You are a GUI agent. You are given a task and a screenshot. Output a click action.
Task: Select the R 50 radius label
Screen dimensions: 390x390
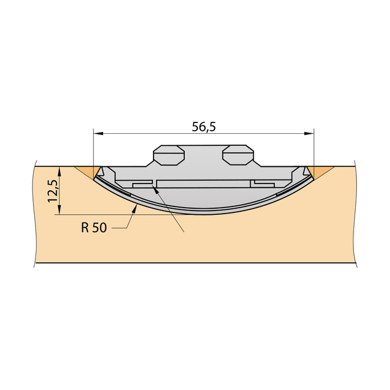click(94, 229)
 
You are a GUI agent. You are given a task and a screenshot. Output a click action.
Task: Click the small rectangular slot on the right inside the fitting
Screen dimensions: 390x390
click(264, 182)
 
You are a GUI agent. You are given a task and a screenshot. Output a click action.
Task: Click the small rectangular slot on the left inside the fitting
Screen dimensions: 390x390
click(143, 184)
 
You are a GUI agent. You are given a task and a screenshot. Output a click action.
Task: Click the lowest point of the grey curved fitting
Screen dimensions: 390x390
click(203, 214)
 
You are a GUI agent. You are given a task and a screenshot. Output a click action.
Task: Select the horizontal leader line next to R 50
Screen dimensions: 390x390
click(120, 229)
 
